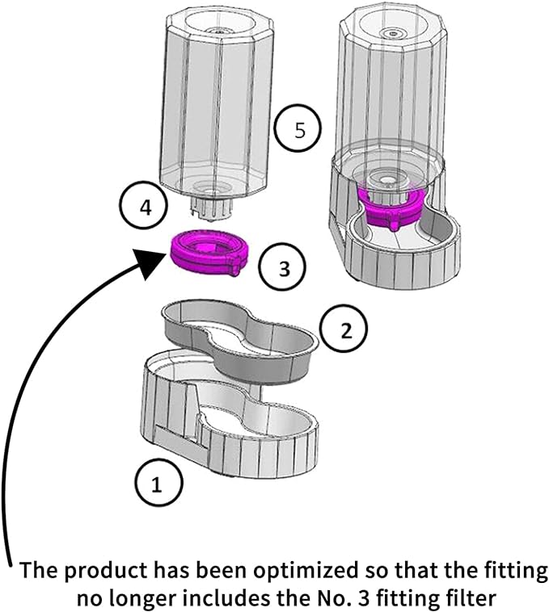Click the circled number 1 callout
(157, 484)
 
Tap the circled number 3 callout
(283, 268)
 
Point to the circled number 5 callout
(298, 131)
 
